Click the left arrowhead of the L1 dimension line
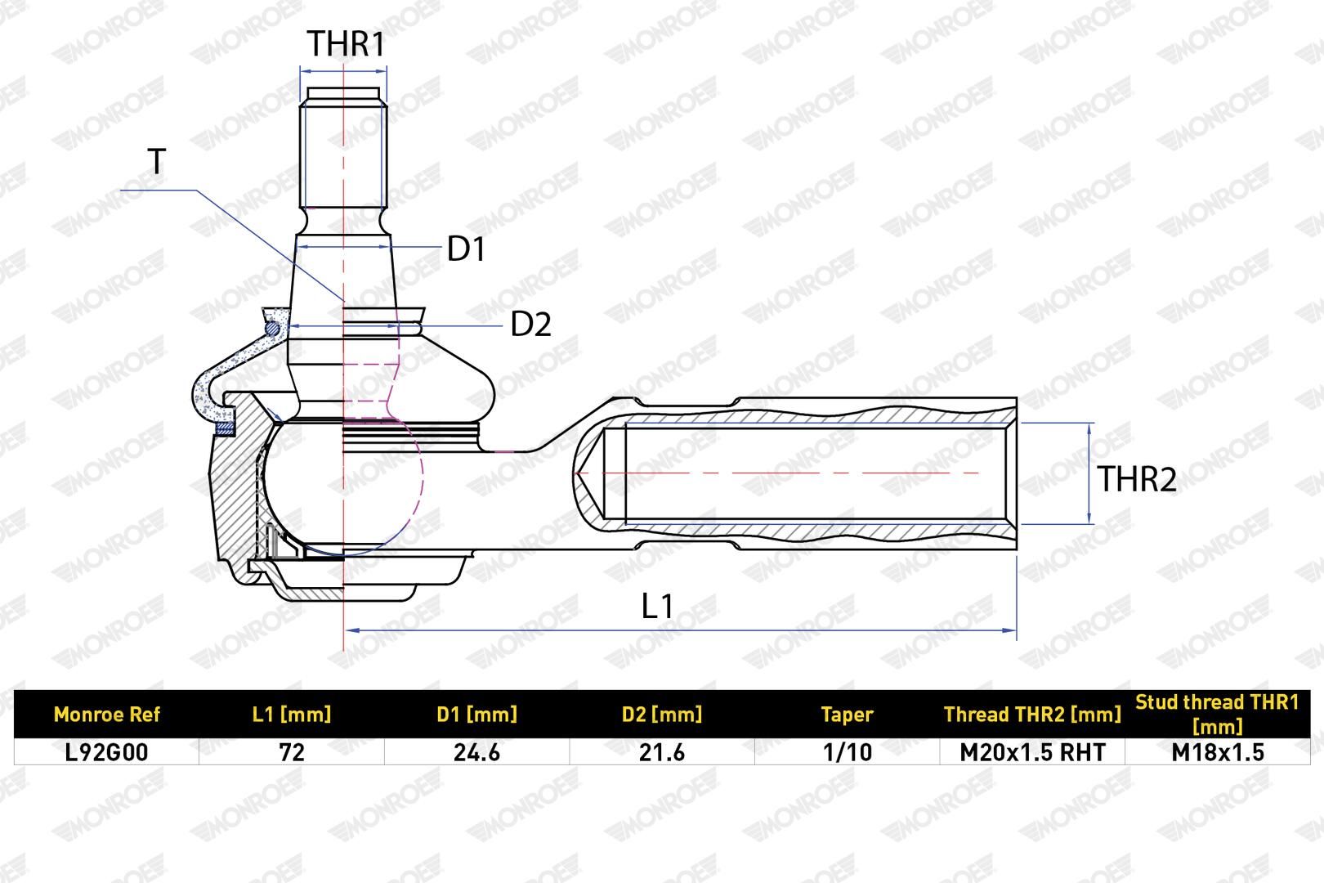(x=352, y=630)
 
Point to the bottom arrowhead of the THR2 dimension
(x=1089, y=517)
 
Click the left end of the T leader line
(x=121, y=190)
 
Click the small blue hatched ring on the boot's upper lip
(x=271, y=328)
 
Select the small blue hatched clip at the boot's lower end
(x=226, y=428)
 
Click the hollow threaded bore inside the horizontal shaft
(x=804, y=473)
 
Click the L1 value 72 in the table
(x=292, y=752)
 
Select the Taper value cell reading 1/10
(x=847, y=752)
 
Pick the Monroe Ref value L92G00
(x=106, y=752)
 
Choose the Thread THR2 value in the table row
(x=1032, y=752)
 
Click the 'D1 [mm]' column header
(x=476, y=715)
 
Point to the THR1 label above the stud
(x=346, y=44)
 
